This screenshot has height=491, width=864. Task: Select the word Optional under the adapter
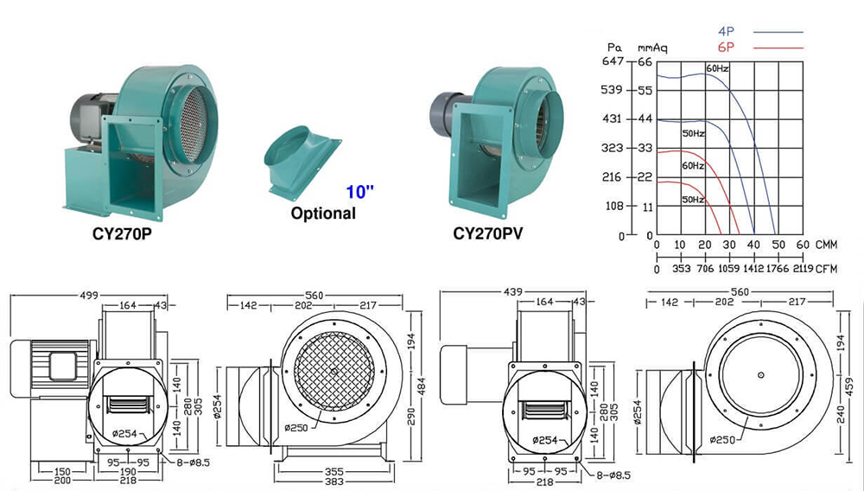(x=323, y=213)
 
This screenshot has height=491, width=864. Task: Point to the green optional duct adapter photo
(x=303, y=159)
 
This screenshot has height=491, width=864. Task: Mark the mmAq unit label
(x=649, y=48)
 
